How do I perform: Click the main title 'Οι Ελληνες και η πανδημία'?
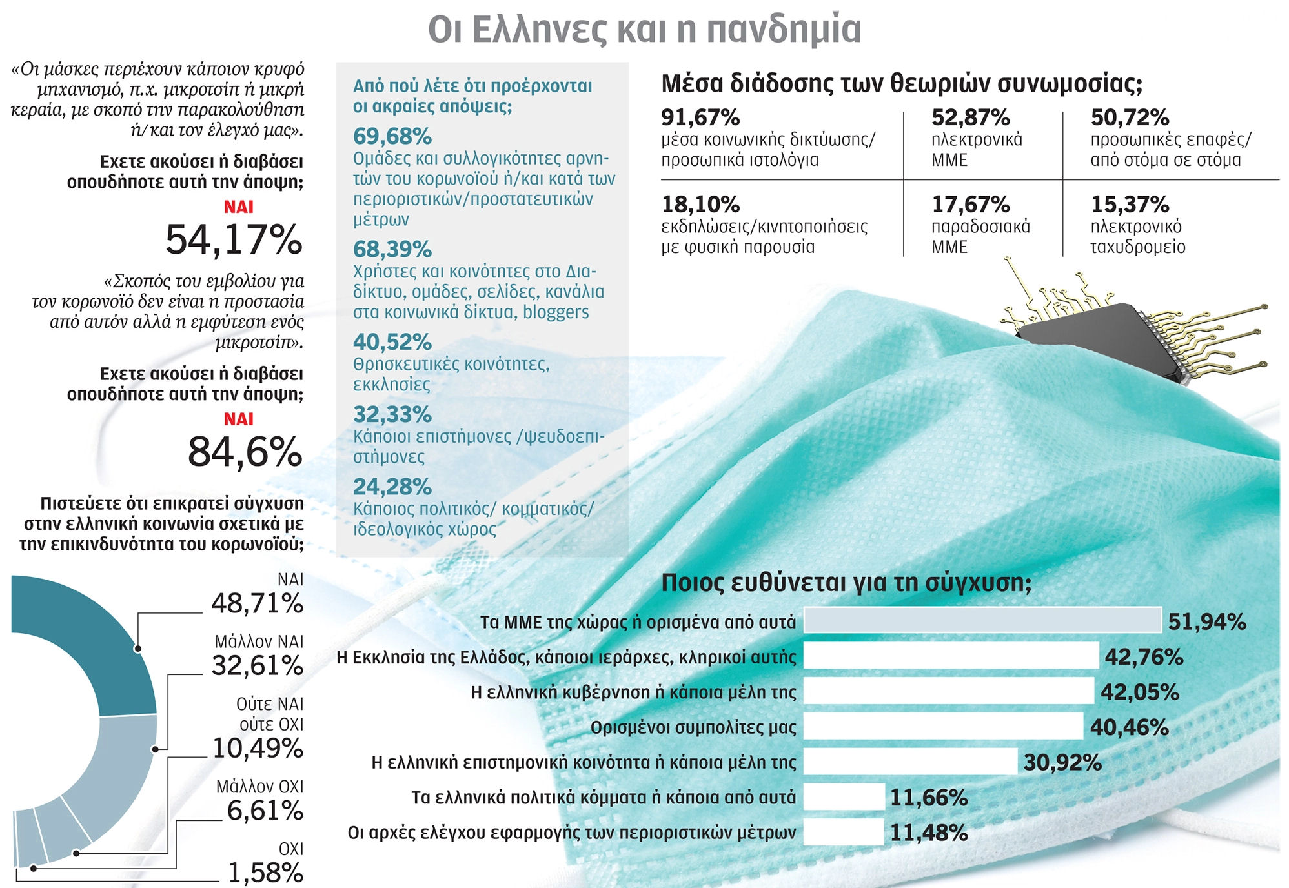(x=644, y=29)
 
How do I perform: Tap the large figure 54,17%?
(x=234, y=239)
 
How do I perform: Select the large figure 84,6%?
(x=245, y=452)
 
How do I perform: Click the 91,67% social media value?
(x=700, y=117)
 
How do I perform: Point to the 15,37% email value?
(x=1130, y=205)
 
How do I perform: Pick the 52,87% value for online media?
(x=970, y=117)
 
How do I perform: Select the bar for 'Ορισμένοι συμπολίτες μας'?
(x=943, y=727)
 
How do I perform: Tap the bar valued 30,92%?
(x=910, y=762)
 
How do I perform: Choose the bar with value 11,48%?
(x=843, y=832)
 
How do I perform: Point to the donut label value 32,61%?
(x=257, y=665)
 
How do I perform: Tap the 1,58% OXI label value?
(x=265, y=873)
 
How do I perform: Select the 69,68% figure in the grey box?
(x=392, y=137)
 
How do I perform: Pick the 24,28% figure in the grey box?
(x=392, y=487)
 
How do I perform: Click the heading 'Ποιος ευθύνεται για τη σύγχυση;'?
(x=846, y=583)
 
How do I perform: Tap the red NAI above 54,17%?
(x=238, y=207)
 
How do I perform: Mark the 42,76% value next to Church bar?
(x=1144, y=657)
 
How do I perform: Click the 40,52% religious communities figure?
(x=392, y=342)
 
